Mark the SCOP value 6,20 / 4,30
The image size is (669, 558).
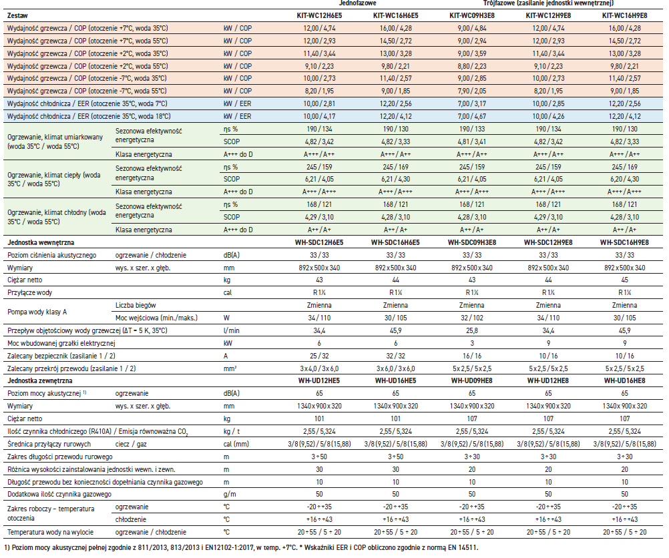point(626,180)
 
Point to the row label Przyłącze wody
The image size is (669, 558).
point(31,292)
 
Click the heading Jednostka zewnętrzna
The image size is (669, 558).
point(40,380)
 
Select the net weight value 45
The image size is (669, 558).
point(626,280)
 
